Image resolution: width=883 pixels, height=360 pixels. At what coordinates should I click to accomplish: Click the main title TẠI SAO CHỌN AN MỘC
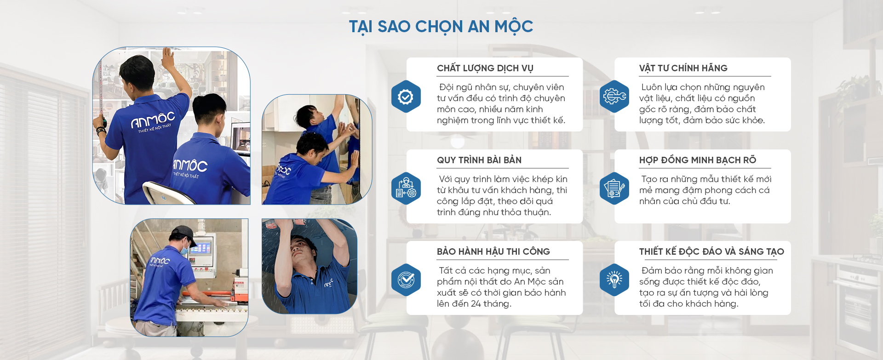point(441,27)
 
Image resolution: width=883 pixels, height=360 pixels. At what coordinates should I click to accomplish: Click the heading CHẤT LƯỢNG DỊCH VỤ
point(485,69)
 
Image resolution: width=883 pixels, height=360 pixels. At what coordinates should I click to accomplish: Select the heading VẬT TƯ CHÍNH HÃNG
point(683,68)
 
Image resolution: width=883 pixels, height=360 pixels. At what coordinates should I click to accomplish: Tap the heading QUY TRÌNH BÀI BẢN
point(479,160)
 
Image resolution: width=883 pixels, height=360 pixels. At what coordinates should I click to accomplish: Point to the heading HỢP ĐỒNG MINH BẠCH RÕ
point(698,160)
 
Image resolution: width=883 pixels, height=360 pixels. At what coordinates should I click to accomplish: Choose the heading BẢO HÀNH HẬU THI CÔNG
point(493,251)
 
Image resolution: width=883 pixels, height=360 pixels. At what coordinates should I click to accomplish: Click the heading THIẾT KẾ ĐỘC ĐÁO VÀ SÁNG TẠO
point(711,251)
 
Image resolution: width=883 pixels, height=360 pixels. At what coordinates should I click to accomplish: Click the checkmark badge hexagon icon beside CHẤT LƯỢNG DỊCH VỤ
point(406,97)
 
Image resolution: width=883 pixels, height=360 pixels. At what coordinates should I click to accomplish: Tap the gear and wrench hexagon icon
point(614,97)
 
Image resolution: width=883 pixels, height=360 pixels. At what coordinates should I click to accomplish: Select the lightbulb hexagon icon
point(614,280)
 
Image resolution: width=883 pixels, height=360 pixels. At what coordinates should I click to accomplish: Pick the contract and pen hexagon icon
point(614,189)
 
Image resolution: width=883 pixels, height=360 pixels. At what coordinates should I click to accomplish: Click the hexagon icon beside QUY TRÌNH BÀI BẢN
point(406,189)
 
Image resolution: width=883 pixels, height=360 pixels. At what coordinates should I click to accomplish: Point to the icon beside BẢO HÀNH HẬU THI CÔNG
point(406,280)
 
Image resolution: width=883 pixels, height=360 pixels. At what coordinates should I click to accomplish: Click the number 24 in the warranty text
point(476,304)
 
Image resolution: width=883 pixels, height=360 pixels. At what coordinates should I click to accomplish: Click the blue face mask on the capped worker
point(184,249)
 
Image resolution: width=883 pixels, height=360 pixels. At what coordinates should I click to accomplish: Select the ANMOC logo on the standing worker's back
point(153,121)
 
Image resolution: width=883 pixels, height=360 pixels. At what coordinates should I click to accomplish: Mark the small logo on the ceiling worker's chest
point(328,283)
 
